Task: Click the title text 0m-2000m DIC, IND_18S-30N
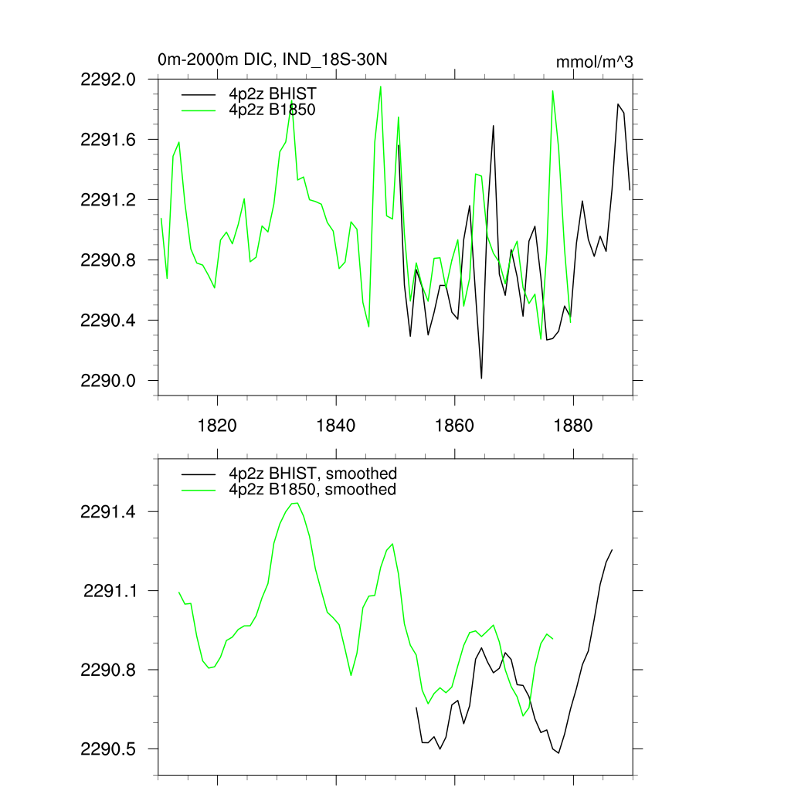(x=272, y=59)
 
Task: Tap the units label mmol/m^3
(x=594, y=62)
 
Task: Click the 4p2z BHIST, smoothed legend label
(x=312, y=474)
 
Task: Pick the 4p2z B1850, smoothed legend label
(x=312, y=490)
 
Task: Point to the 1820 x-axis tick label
(x=218, y=426)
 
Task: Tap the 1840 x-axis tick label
(x=337, y=426)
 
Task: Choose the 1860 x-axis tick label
(x=455, y=426)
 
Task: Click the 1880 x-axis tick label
(x=574, y=426)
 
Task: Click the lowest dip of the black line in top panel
(x=481, y=378)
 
